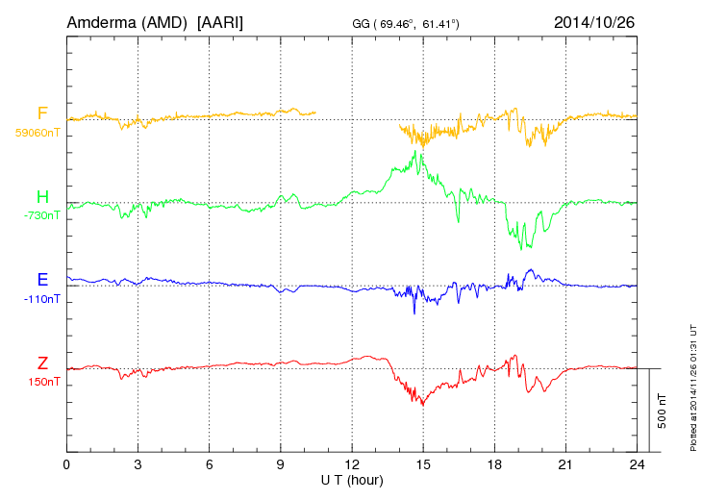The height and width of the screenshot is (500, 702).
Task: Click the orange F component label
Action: tap(42, 113)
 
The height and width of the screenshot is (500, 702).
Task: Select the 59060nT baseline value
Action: tap(37, 132)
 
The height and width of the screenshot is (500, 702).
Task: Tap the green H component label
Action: tap(42, 198)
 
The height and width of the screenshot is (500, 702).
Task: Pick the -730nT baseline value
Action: tap(41, 215)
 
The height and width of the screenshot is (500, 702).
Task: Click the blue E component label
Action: tap(42, 280)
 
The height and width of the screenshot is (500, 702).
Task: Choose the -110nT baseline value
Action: tap(41, 298)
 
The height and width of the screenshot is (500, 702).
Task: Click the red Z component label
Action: tap(42, 363)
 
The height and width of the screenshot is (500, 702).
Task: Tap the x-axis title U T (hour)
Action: tap(353, 480)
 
